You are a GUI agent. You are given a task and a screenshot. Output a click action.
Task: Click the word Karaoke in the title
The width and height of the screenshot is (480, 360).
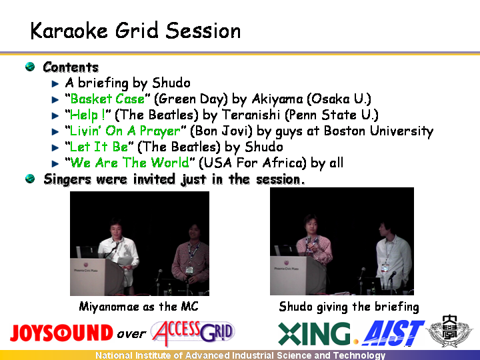coord(69,31)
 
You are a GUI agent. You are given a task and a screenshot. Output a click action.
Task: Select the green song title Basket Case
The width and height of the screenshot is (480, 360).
coord(107,99)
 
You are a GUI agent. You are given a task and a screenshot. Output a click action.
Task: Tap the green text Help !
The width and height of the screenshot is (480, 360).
coord(87,115)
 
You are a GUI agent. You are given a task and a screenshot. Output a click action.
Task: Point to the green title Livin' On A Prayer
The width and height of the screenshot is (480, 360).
coord(125,131)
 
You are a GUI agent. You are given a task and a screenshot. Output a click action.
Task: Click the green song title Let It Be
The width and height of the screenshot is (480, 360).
coord(99,147)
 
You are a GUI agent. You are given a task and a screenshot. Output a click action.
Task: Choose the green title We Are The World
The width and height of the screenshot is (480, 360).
coord(129,163)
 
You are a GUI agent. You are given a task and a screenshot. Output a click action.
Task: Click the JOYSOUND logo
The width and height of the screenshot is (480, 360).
coord(61,333)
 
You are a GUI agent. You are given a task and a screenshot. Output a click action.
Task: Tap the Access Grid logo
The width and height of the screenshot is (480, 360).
coord(193,333)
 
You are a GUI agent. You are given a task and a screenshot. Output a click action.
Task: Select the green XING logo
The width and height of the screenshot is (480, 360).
coord(314,333)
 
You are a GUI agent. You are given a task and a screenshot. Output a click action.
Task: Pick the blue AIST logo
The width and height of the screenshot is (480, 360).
coord(393,333)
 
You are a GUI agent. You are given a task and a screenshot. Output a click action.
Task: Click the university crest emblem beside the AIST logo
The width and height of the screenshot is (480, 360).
coord(449,331)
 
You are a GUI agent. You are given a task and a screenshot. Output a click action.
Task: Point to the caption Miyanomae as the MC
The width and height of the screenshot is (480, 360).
coord(139,307)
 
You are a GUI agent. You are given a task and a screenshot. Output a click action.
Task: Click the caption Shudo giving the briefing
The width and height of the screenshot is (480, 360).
coord(349,307)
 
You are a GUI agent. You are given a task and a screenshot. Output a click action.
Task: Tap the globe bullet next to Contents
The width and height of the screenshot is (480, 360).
coord(30,67)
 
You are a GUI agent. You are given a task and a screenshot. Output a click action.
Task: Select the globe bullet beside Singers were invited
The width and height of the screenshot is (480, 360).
coord(30,179)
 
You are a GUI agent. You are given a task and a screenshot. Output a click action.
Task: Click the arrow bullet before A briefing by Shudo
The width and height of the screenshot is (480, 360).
coord(55,83)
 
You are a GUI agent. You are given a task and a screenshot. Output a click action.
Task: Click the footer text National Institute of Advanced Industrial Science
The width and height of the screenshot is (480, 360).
coord(240,355)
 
